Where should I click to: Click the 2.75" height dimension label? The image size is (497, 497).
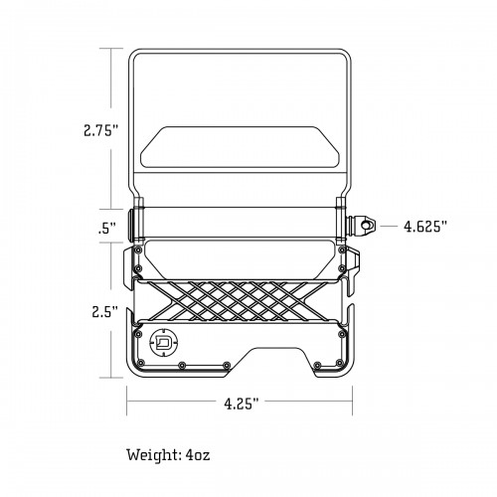(x=101, y=130)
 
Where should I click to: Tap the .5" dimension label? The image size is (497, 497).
(x=107, y=229)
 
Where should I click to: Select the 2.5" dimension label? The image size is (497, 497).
(x=105, y=312)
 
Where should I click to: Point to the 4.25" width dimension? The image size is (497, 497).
(x=241, y=404)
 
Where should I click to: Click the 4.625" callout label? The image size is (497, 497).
(x=425, y=227)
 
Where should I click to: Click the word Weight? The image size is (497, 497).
(x=154, y=454)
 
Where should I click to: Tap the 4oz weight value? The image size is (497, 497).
(x=198, y=455)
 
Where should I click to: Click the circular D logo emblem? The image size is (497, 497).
(x=164, y=342)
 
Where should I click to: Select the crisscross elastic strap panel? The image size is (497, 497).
(x=237, y=301)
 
